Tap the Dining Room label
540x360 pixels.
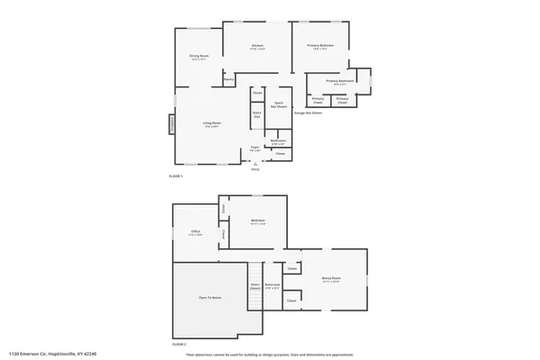click(199, 57)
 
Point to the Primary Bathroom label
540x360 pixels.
click(340, 81)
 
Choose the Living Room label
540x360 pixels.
click(211, 122)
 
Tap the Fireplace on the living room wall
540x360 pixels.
click(171, 124)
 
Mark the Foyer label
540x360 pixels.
click(255, 148)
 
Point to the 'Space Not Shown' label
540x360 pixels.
click(279, 103)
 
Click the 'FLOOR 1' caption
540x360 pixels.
click(176, 176)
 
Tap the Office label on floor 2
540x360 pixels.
click(195, 232)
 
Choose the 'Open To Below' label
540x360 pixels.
click(210, 297)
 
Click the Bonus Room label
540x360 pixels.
click(332, 280)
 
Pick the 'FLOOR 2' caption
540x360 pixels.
click(178, 345)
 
